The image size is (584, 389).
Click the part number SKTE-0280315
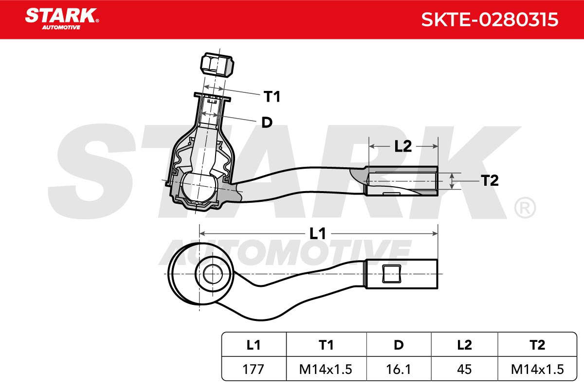click(490, 19)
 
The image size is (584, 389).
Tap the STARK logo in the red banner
click(62, 19)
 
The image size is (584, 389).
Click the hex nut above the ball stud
click(217, 65)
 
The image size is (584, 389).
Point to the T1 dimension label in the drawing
click(272, 96)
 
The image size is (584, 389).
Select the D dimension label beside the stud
click(267, 122)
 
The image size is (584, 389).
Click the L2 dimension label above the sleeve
click(403, 146)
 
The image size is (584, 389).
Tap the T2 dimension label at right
click(490, 180)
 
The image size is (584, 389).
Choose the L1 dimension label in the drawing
click(317, 233)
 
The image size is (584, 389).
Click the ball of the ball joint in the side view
click(198, 186)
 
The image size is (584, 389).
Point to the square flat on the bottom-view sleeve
click(392, 274)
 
